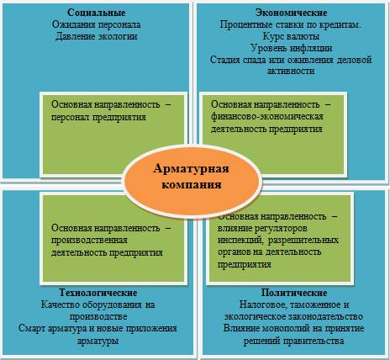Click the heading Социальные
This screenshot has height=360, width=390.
(97, 13)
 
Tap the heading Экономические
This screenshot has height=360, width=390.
(291, 13)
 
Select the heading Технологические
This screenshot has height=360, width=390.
(98, 293)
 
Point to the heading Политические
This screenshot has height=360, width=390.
(294, 293)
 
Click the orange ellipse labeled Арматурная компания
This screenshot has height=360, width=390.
(192, 177)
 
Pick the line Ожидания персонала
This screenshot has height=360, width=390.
(97, 24)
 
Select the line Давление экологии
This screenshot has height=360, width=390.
(97, 36)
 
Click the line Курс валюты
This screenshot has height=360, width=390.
(291, 36)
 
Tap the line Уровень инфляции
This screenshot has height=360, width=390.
(291, 48)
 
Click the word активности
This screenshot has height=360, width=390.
(291, 71)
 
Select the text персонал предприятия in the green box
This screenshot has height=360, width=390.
(98, 117)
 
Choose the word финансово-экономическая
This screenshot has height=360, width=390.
(267, 116)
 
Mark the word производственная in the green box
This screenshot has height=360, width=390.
(89, 241)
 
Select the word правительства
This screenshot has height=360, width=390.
(314, 341)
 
